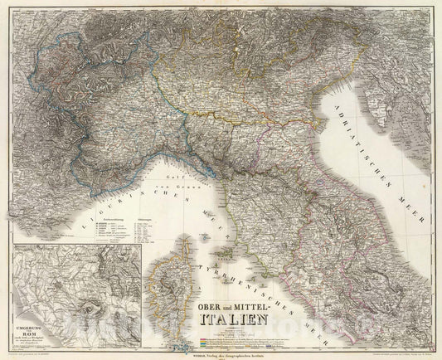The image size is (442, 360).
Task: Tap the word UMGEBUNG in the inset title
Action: [32, 278]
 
